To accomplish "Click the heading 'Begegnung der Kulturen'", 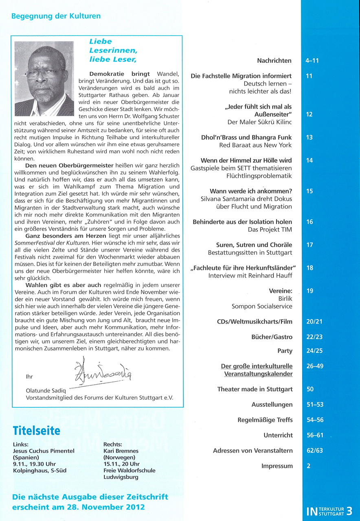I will (56, 16).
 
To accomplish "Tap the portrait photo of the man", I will (44, 79).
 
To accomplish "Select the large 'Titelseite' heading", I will (36, 431).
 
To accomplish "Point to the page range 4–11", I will (312, 61).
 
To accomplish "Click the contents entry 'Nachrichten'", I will (274, 61).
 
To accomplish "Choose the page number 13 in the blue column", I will (310, 138).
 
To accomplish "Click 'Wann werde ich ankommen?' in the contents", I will (250, 191).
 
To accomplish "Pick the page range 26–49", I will (314, 366).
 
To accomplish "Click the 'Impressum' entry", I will (277, 466).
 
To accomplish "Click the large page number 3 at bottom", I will (349, 511).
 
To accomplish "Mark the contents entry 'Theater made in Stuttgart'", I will (255, 389).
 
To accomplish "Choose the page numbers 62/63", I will (314, 451).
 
